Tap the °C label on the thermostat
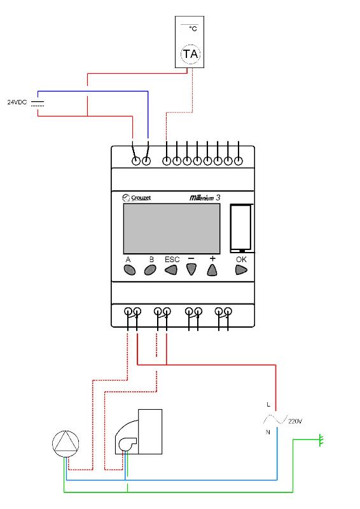point(193,29)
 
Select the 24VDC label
point(17,102)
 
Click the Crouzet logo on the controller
point(137,197)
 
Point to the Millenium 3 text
point(205,197)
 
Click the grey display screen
point(172,228)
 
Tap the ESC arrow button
point(171,270)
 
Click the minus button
point(191,269)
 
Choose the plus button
point(212,270)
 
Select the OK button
point(241,270)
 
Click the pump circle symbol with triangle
point(66,443)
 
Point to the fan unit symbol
point(139,432)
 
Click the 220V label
point(295,421)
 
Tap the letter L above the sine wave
point(268,405)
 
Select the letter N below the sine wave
point(268,432)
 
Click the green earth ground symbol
point(321,440)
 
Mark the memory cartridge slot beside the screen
point(241,228)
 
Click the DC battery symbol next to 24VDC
point(38,104)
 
